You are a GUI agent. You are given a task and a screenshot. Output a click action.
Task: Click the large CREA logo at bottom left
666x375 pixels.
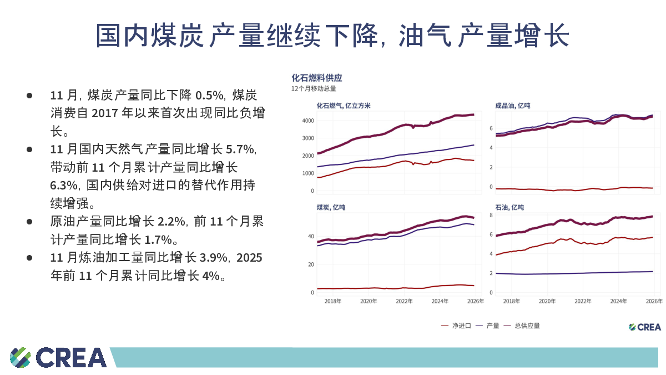click(x=58, y=357)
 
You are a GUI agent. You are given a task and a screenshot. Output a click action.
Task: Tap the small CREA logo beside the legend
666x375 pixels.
click(x=644, y=327)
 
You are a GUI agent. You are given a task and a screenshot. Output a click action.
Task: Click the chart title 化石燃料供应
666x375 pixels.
click(x=317, y=78)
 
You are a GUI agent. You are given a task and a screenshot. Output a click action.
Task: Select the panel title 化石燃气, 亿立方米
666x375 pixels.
click(x=344, y=106)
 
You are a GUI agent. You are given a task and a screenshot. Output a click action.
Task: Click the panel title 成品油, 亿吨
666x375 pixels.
click(x=512, y=106)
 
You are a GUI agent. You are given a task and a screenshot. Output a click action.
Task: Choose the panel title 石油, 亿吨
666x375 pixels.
click(x=509, y=207)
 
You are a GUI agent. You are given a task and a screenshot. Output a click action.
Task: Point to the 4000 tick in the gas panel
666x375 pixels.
click(x=308, y=121)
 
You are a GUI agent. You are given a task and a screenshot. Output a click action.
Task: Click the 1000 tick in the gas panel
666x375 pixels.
click(x=308, y=173)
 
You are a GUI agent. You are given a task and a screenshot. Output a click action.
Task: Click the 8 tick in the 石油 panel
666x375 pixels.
click(x=491, y=215)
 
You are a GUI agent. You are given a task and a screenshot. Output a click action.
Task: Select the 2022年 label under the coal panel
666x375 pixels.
click(x=404, y=301)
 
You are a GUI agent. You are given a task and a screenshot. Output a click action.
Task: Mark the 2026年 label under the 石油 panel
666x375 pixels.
click(x=654, y=301)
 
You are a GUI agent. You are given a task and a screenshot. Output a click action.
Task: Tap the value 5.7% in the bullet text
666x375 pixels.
click(x=240, y=149)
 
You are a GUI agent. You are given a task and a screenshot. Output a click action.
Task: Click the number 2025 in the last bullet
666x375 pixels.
click(x=249, y=257)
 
